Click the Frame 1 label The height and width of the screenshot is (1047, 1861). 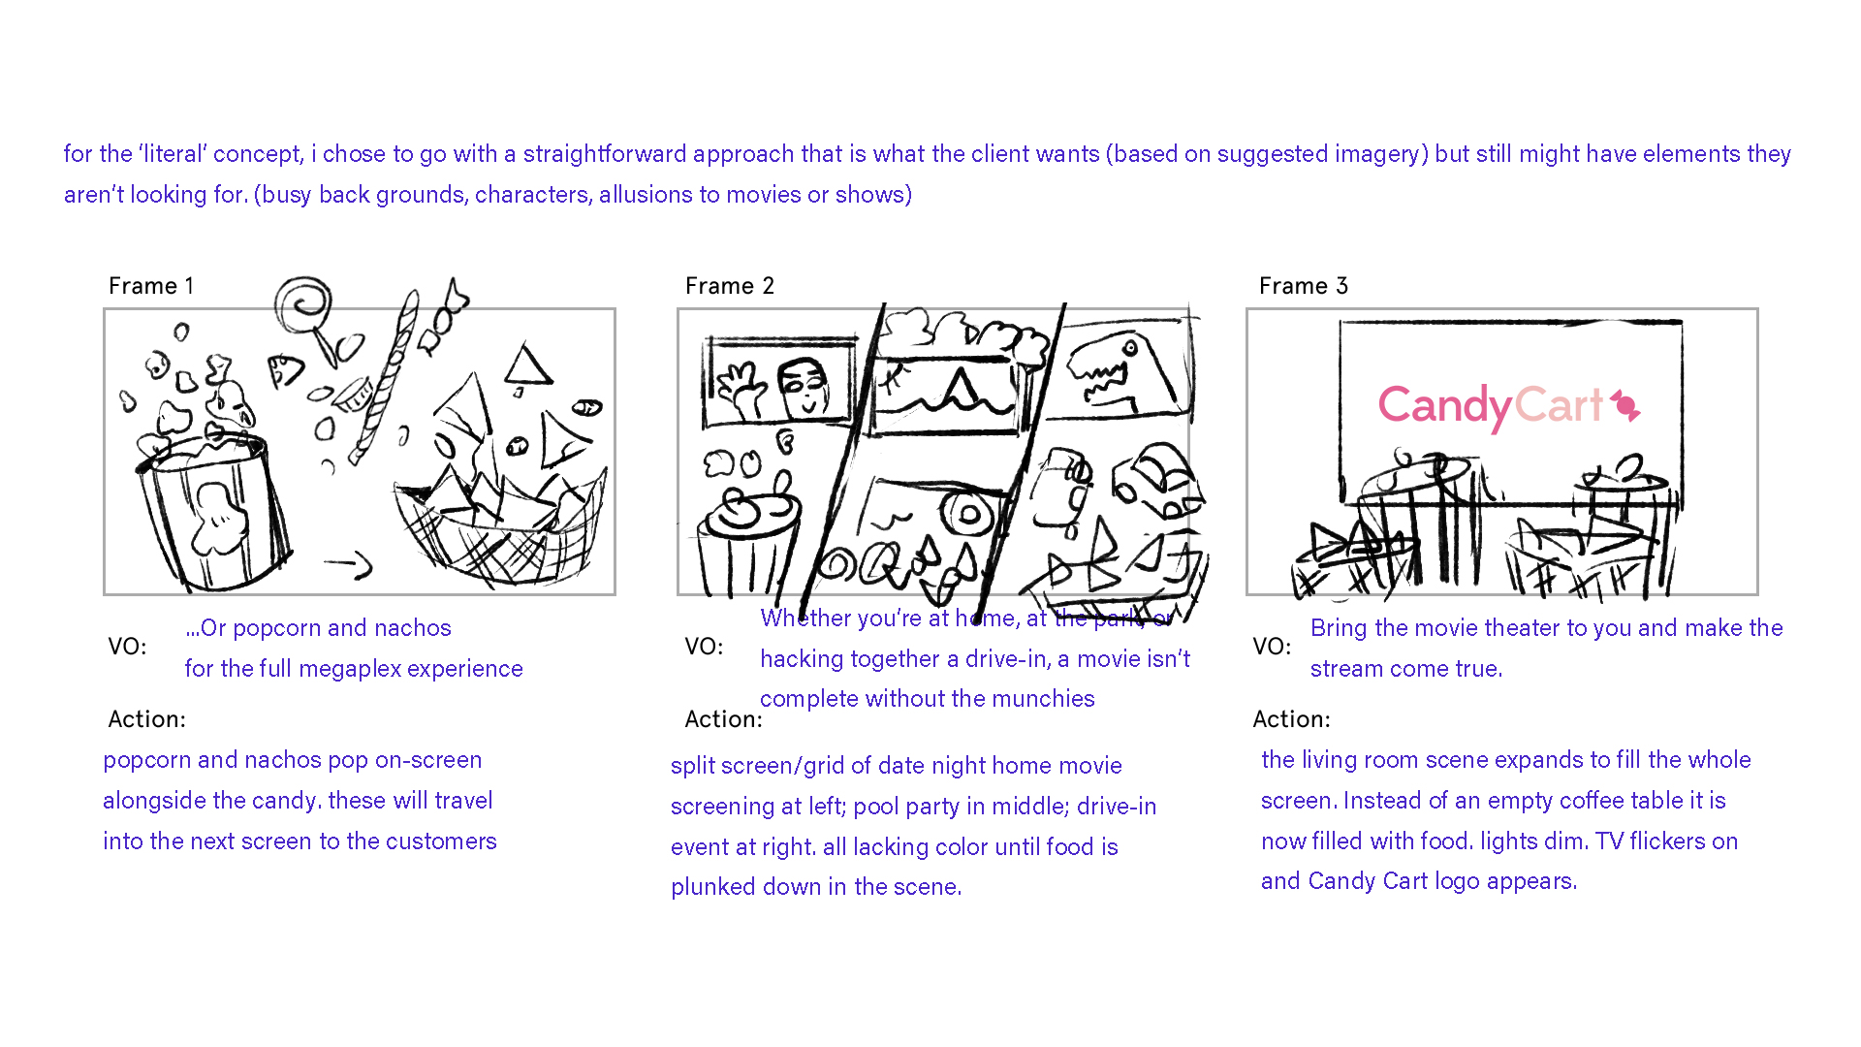(x=151, y=286)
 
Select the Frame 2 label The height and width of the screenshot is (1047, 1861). (x=730, y=286)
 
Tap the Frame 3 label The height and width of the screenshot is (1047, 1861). (x=1304, y=286)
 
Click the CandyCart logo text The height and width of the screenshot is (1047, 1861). (x=1491, y=406)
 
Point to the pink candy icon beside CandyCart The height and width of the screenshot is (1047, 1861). (x=1625, y=405)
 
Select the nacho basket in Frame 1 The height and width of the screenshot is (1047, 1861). (x=499, y=528)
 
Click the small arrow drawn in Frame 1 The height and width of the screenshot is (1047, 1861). (x=349, y=563)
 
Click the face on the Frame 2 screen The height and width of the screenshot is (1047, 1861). (x=805, y=387)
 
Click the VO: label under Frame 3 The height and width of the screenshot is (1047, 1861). (x=1272, y=647)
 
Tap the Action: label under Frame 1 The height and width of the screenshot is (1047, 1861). (x=146, y=719)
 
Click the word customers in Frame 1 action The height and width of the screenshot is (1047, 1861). (x=441, y=841)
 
